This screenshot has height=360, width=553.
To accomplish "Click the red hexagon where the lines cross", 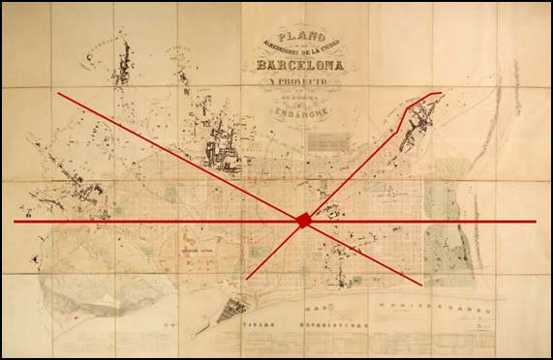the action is pyautogui.click(x=304, y=221).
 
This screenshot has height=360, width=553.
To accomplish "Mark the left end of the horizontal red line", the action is pyautogui.click(x=15, y=222).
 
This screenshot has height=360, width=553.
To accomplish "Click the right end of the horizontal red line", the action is pyautogui.click(x=535, y=222).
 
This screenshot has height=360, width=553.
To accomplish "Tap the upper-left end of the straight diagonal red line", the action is pyautogui.click(x=57, y=94).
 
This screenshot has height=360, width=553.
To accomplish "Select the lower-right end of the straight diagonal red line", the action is pyautogui.click(x=420, y=285).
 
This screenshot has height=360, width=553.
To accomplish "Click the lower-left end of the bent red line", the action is pyautogui.click(x=247, y=279).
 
